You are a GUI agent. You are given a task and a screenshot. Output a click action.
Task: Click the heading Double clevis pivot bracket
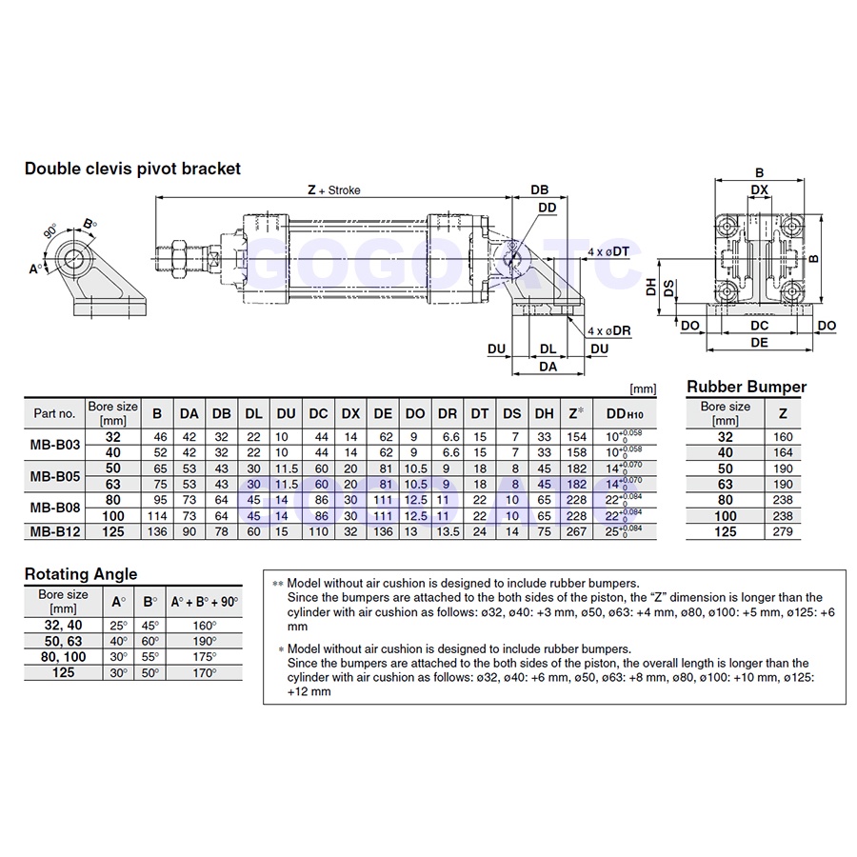(132, 169)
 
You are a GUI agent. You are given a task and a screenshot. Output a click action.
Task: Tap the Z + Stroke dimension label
(333, 190)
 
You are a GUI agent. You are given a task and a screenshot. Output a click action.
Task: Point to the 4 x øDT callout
(608, 251)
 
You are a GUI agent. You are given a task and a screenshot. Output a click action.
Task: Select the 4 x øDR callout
(608, 330)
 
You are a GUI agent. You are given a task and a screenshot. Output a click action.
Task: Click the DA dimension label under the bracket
(548, 367)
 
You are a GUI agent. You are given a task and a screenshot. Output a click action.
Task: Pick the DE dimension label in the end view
(759, 343)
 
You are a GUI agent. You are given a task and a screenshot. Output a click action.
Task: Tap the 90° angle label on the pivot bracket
(50, 231)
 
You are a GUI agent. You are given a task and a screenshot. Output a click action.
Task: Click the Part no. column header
(54, 413)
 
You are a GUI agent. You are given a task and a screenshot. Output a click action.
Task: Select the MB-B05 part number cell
(54, 476)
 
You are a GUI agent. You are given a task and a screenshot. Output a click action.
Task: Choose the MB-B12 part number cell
(54, 531)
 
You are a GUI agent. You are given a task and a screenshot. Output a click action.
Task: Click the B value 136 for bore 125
(157, 531)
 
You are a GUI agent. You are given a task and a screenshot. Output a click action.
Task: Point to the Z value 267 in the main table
(576, 531)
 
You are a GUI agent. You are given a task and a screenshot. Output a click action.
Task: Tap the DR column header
(448, 414)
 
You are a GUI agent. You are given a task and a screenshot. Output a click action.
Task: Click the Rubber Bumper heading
(747, 387)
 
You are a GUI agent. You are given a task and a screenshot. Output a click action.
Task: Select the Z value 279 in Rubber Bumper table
(783, 531)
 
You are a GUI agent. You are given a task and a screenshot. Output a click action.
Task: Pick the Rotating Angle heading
(81, 574)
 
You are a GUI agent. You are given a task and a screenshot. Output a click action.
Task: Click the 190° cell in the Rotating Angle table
(205, 641)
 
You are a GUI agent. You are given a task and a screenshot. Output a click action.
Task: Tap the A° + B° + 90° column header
(205, 602)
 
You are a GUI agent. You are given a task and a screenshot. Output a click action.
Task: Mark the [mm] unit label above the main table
(643, 389)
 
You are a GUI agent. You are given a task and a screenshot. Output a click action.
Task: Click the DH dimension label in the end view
(650, 287)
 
